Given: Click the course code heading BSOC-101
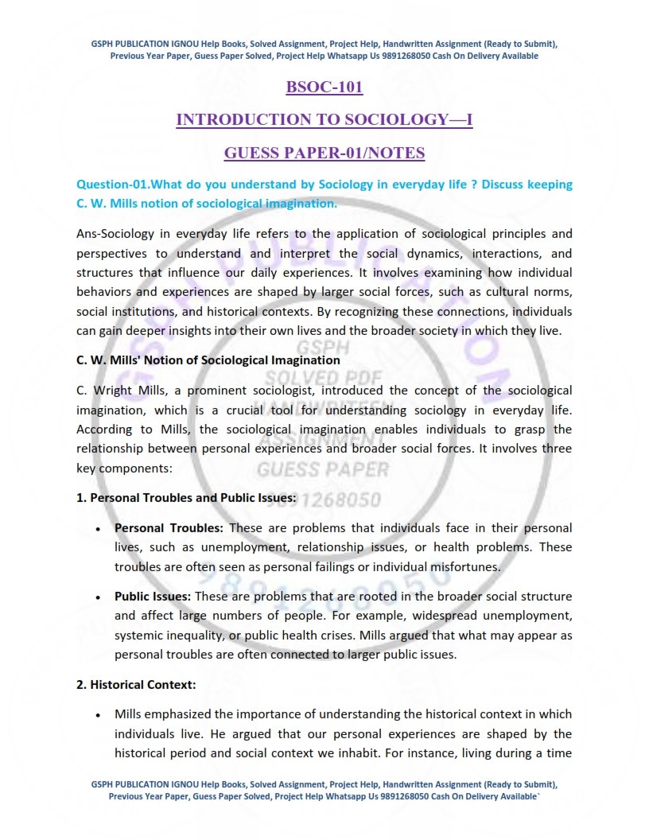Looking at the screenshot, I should [x=324, y=87].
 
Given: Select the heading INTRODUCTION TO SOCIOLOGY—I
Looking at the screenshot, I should [x=324, y=119].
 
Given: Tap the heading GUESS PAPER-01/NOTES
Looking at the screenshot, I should [x=324, y=153].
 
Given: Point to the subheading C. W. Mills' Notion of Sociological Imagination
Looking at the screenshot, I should [x=208, y=360].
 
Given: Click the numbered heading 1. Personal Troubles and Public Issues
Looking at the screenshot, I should [x=187, y=498].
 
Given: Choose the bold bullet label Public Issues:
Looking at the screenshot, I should [x=153, y=596].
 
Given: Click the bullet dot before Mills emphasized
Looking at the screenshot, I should [x=97, y=715].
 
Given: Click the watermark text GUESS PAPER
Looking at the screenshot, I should [x=323, y=469].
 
